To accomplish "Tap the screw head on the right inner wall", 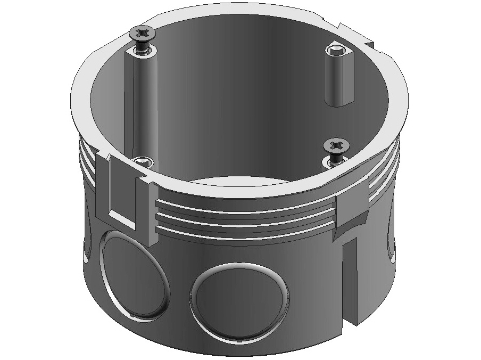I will (x=336, y=145).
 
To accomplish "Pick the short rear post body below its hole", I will (x=336, y=80).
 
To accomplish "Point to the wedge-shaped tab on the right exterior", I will (x=352, y=210).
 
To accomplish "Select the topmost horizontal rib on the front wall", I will (x=245, y=204).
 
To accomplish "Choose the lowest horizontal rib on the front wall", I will (x=245, y=231).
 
